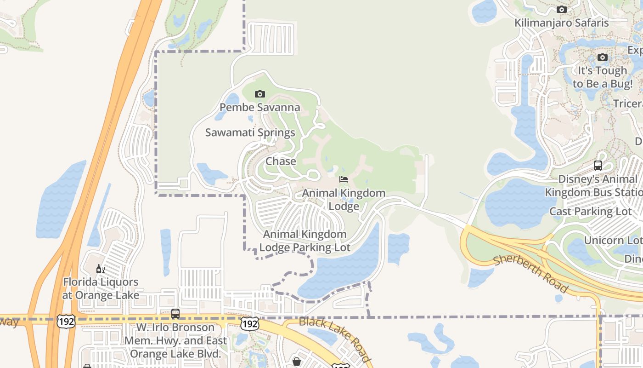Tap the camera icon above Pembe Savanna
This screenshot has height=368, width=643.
point(259,94)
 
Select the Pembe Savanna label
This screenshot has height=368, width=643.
point(259,108)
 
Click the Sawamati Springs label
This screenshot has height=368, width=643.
point(250,133)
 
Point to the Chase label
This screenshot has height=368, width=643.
point(281,161)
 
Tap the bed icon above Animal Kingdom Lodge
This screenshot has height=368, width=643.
point(344,179)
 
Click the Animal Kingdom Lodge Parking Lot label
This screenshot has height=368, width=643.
point(305,241)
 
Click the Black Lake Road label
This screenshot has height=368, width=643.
point(334,338)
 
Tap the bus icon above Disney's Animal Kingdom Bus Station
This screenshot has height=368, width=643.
point(598,166)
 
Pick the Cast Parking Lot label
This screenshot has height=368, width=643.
point(591,212)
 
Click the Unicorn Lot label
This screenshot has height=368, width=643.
point(613,240)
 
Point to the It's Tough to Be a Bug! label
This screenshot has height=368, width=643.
point(602,77)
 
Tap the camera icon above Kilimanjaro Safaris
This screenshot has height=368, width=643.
point(561,9)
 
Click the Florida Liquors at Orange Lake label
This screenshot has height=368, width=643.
point(101,288)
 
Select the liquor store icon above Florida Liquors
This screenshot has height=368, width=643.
point(100,269)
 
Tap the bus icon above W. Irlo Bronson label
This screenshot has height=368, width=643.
point(175,314)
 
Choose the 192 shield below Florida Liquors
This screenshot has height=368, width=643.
point(66,322)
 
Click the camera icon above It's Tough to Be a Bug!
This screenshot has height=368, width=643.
point(602,57)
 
